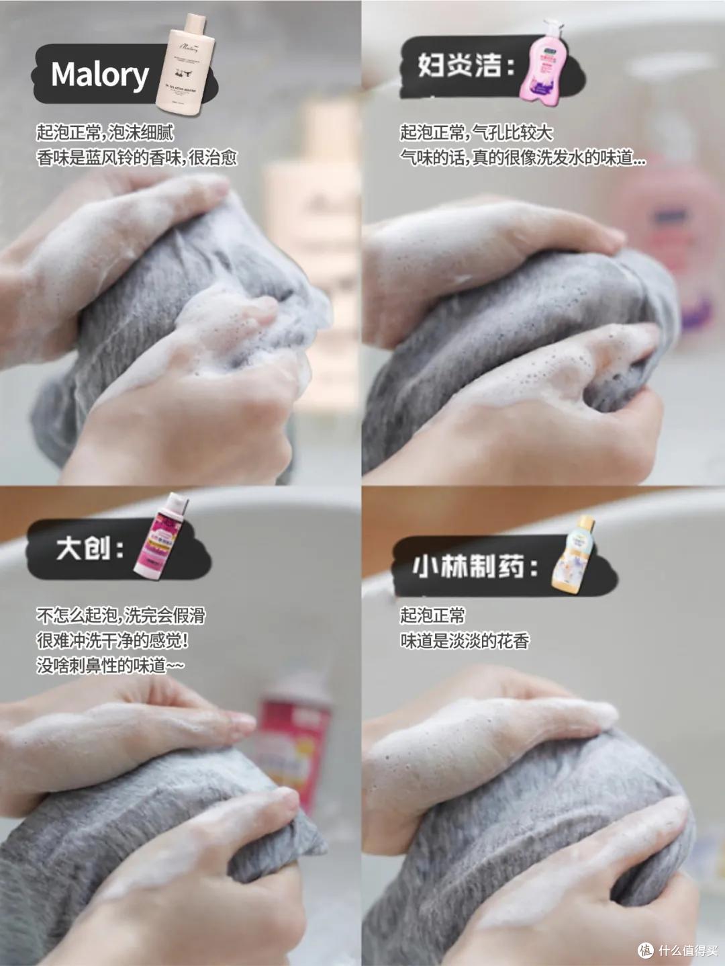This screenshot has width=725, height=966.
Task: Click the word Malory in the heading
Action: click(100, 75)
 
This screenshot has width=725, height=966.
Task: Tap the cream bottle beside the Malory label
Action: click(185, 63)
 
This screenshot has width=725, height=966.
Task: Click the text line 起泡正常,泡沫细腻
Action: click(105, 132)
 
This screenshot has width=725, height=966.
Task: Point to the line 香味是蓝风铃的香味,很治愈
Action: click(137, 158)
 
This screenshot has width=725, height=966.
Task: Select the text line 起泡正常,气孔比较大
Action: click(477, 132)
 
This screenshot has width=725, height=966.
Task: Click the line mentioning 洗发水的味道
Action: click(523, 158)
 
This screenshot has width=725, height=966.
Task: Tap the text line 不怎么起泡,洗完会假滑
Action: click(121, 615)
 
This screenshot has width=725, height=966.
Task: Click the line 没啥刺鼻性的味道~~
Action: click(110, 666)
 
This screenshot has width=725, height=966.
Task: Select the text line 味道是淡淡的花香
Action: click(465, 641)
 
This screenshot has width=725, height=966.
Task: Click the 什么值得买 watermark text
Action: click(687, 950)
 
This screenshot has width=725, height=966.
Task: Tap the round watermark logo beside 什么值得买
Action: click(645, 950)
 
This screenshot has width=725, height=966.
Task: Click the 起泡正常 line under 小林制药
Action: click(432, 615)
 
